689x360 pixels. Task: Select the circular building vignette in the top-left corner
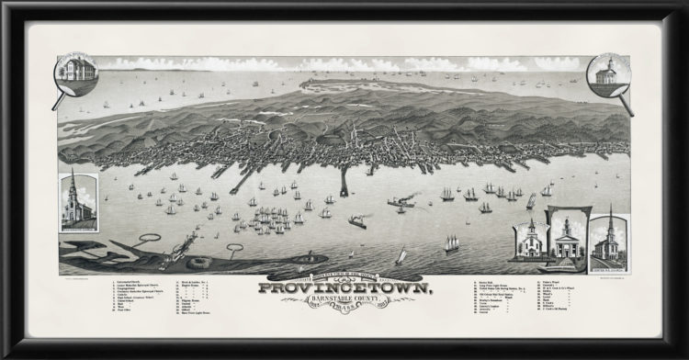(76, 72)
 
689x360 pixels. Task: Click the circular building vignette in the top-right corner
(606, 72)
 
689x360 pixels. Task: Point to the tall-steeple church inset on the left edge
(78, 199)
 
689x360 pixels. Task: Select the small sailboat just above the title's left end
(400, 256)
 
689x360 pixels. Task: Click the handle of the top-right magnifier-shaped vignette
(627, 103)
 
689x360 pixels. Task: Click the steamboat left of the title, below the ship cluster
(357, 222)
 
